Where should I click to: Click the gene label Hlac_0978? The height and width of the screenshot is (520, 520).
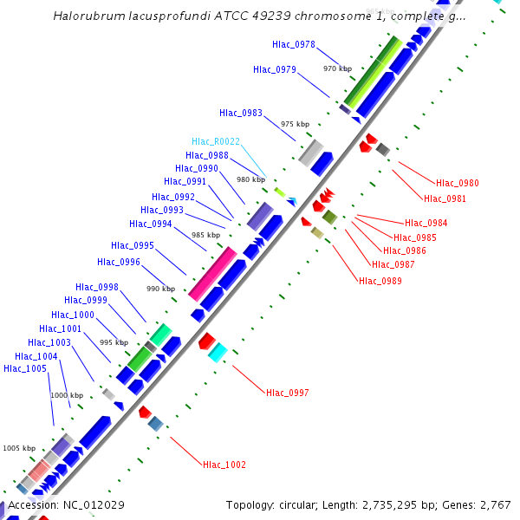[293, 44]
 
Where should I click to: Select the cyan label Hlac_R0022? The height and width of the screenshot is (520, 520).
[216, 142]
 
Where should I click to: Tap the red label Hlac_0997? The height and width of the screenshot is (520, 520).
[288, 393]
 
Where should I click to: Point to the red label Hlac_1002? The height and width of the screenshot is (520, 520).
[224, 465]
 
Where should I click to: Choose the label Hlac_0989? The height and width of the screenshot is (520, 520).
[380, 281]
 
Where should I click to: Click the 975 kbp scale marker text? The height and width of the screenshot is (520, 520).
[295, 125]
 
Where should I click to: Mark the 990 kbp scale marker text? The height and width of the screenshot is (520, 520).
[160, 289]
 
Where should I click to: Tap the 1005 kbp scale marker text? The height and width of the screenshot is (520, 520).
[18, 448]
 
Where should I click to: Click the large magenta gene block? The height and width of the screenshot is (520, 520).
[212, 273]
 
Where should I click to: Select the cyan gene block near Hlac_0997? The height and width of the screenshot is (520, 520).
[218, 352]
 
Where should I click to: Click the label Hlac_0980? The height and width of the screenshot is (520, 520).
[457, 184]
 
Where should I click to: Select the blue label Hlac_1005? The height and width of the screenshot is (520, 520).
[25, 369]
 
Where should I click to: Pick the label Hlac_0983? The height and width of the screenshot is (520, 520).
[241, 113]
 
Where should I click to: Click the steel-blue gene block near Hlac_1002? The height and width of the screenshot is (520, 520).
[156, 423]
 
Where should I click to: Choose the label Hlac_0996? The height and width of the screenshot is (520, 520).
[119, 263]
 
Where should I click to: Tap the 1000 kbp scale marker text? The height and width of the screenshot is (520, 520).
[66, 395]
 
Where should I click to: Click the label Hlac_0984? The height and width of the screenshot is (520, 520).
[426, 224]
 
